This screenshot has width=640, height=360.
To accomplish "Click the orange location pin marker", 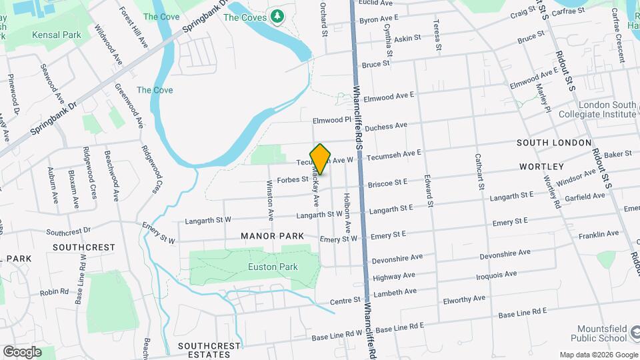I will point(321,159).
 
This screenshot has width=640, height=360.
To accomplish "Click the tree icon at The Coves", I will point(276,16).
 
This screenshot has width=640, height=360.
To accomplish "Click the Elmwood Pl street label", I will point(331,120).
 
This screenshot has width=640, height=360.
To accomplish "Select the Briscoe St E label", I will point(387,181).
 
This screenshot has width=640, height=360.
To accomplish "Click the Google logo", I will point(22,351).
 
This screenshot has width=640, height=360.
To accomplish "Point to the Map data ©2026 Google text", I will point(598,354).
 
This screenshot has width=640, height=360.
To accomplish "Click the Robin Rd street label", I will point(55,292).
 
